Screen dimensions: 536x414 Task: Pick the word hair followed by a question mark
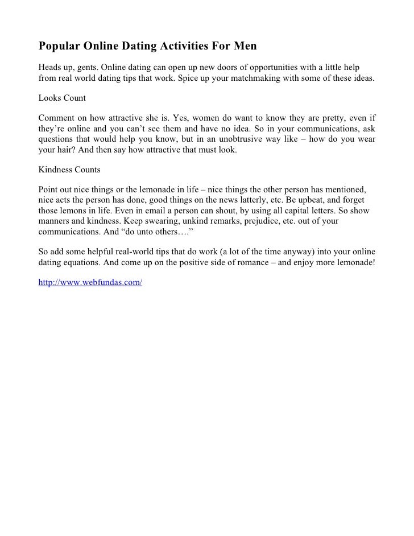point(67,151)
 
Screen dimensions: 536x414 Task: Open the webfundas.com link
point(90,282)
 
